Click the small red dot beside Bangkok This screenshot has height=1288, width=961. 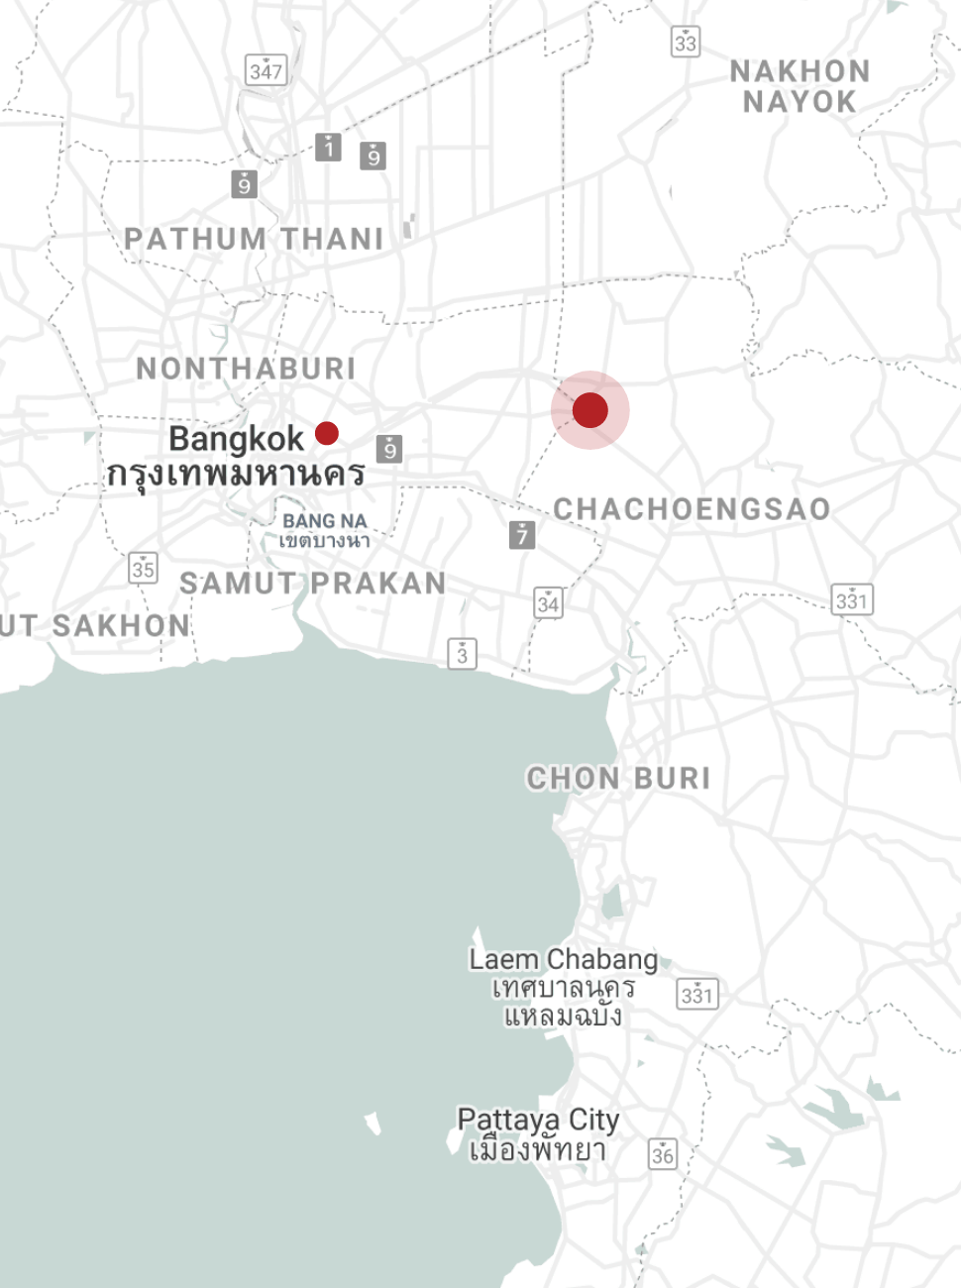click(327, 433)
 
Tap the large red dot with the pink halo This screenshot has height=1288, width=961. click(590, 410)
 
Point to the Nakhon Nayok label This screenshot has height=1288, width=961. click(800, 86)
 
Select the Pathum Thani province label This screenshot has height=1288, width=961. click(254, 239)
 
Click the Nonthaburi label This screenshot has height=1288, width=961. click(246, 369)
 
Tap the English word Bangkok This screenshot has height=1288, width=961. click(236, 439)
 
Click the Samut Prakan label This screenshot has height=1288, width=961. click(313, 584)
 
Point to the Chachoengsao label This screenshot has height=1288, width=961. click(692, 509)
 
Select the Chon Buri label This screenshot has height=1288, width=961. click(618, 778)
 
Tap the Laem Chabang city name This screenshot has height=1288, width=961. click(563, 959)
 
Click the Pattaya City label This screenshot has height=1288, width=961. click(538, 1120)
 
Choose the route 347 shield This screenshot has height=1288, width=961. click(266, 70)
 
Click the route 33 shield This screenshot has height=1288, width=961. click(686, 42)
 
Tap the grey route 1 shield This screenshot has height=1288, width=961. click(329, 148)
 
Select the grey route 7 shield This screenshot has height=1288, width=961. click(522, 535)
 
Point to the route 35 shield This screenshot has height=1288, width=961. click(144, 568)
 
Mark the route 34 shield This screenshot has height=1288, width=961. click(548, 602)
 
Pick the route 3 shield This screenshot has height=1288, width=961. click(462, 654)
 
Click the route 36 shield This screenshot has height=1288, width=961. click(663, 1153)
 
